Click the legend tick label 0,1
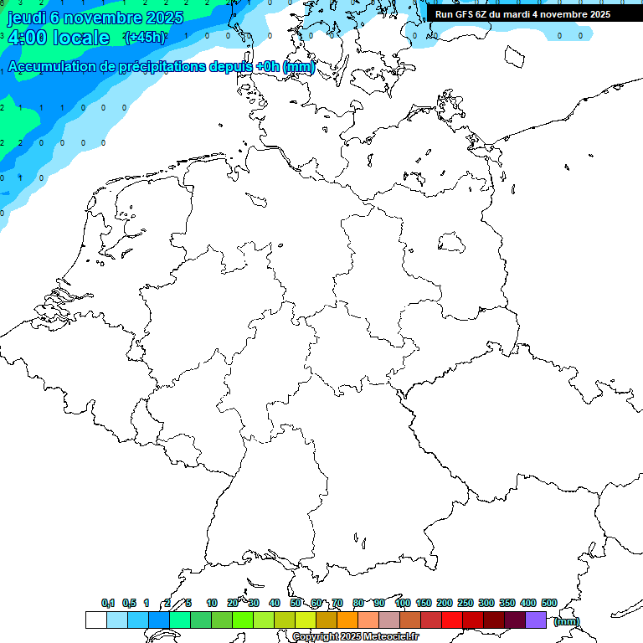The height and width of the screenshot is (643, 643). coord(108,603)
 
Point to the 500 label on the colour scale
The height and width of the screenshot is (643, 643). coord(549,603)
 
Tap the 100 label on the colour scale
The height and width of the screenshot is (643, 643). coord(402,603)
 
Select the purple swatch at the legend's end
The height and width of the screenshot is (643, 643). coord(536,620)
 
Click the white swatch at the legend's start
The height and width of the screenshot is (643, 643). coord(95,620)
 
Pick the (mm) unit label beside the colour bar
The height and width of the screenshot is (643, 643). coord(567,621)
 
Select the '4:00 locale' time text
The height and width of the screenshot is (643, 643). coord(58,38)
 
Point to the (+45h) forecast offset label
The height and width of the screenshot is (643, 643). coord(145,38)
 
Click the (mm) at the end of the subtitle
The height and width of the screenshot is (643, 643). coord(299,67)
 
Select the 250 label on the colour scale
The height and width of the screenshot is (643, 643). coord(466,603)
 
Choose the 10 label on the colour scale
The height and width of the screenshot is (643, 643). coord(212,603)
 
